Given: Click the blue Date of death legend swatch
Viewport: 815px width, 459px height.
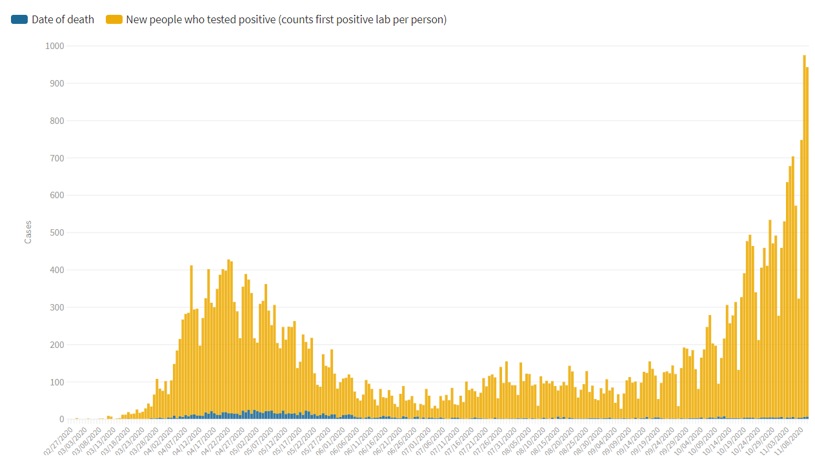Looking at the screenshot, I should coord(19,19).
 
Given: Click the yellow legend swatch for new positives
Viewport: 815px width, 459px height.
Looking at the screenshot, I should coord(114,19).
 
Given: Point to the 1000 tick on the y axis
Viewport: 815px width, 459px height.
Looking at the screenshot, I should coord(55,46).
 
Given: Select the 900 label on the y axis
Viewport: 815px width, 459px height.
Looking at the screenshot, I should coord(55,83).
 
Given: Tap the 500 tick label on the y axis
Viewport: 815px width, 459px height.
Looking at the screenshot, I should coord(55,232).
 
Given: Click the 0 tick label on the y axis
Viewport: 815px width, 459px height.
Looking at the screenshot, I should coord(61,420).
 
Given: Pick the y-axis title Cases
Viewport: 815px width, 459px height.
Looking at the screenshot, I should coord(28,232).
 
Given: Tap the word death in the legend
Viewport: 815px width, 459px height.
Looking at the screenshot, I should coord(81,19).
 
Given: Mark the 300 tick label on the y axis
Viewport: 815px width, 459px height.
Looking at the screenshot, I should coord(55,307).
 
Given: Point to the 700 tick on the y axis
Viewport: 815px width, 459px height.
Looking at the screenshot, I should coord(55,158).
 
